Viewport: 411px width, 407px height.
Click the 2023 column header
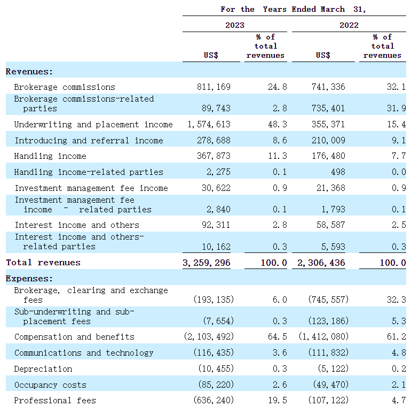tap(235, 25)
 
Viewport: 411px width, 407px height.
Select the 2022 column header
tap(349, 25)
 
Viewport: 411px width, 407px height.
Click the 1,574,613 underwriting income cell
tap(209, 124)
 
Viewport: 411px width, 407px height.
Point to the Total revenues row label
tap(43, 262)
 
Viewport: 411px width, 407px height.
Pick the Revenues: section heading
tap(29, 71)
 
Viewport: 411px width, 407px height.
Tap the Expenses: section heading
tap(29, 278)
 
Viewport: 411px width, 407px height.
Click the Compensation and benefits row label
tap(74, 337)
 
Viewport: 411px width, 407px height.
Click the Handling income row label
tap(50, 156)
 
